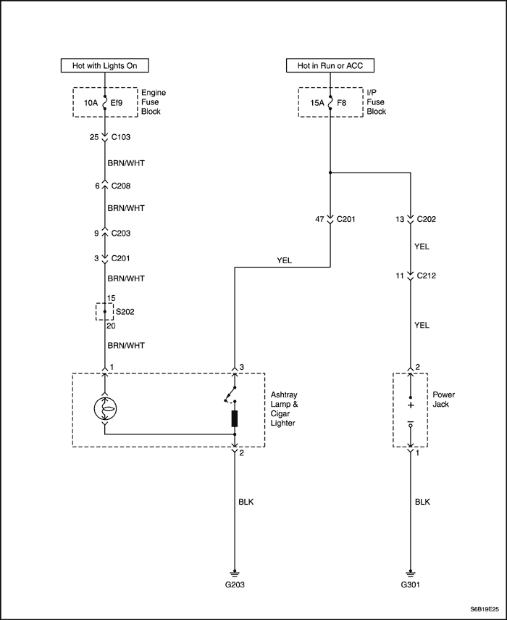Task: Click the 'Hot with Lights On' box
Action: [105, 66]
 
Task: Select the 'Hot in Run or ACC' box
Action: [330, 66]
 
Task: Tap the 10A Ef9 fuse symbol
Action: [106, 103]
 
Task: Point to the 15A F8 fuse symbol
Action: [330, 103]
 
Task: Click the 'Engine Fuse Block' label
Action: [153, 102]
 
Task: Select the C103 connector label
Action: [122, 137]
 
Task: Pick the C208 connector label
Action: [122, 186]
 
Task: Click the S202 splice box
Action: [106, 312]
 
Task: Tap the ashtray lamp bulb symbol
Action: [106, 410]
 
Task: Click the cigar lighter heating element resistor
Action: [235, 418]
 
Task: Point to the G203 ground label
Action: [235, 584]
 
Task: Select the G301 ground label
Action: [411, 584]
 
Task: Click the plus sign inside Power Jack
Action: [411, 406]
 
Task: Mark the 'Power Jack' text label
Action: [443, 400]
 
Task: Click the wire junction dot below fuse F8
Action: [330, 173]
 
